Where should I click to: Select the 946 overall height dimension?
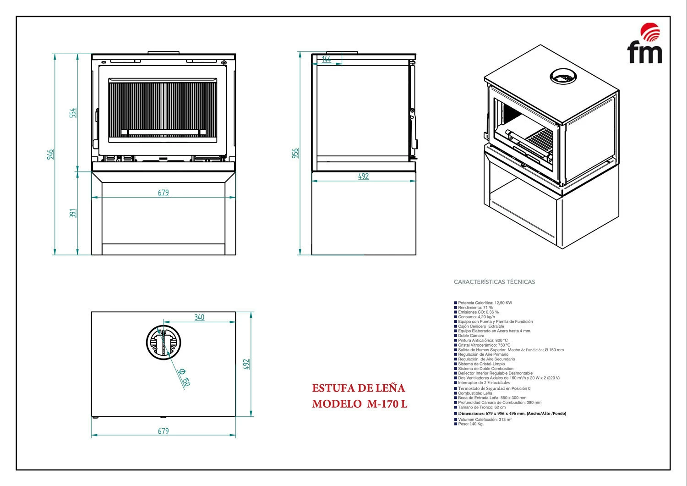click(50, 154)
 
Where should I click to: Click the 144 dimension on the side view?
click(327, 59)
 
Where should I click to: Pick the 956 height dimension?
click(295, 153)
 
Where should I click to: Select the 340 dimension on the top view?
click(199, 317)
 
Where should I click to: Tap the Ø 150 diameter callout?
click(183, 376)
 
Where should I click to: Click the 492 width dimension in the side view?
click(363, 176)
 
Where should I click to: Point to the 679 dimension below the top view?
click(164, 431)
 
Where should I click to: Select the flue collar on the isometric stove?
click(563, 77)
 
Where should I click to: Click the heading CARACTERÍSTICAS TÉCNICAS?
click(494, 282)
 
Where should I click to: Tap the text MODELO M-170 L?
click(360, 404)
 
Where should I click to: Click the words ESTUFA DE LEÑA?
click(359, 388)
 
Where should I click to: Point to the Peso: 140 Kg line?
click(470, 424)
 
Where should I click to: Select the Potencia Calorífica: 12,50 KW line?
click(485, 303)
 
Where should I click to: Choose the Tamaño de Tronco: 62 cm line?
click(482, 407)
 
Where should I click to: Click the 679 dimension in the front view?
click(164, 193)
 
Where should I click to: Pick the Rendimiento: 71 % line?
click(475, 308)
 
